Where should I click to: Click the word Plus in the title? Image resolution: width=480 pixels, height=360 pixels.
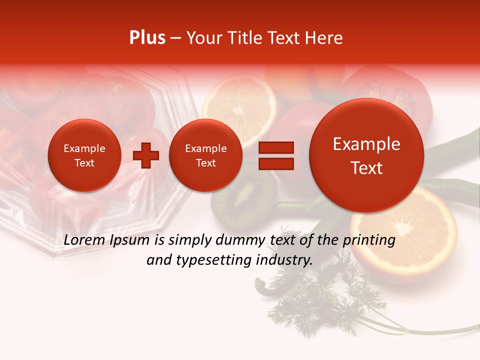147,38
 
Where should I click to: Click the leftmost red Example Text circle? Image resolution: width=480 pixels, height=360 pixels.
84,155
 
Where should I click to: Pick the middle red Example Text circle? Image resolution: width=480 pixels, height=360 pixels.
205,155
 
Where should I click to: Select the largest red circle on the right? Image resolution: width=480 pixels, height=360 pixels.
366,155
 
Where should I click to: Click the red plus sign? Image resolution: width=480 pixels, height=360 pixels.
146,155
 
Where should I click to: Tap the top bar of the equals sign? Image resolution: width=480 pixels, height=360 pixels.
275,147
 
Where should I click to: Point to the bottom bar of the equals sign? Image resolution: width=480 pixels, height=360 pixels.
275,163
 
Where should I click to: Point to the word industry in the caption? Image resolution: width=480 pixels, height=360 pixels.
283,260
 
